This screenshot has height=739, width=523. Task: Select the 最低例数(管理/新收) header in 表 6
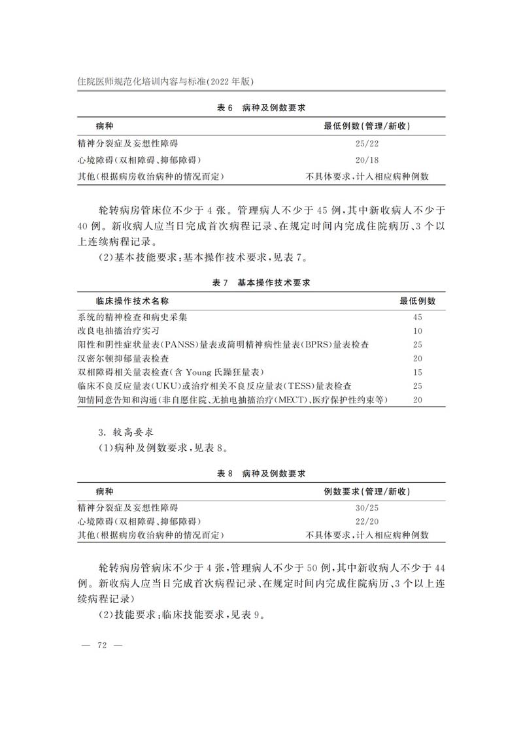pyautogui.click(x=367, y=125)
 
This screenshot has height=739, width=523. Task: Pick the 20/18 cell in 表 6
pyautogui.click(x=367, y=160)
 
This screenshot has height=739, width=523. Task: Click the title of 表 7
pyautogui.click(x=261, y=283)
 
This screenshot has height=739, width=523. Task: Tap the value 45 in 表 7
pyautogui.click(x=418, y=317)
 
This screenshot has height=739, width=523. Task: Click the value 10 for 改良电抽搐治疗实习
pyautogui.click(x=418, y=331)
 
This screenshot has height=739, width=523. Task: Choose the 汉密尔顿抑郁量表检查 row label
pyautogui.click(x=123, y=358)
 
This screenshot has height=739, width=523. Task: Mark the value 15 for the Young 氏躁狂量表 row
pyautogui.click(x=418, y=372)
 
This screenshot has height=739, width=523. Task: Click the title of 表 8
pyautogui.click(x=261, y=473)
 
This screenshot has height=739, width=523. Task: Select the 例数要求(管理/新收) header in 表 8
pyautogui.click(x=367, y=491)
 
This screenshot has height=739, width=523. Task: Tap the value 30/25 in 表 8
pyautogui.click(x=367, y=508)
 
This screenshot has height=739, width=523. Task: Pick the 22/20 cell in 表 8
pyautogui.click(x=367, y=521)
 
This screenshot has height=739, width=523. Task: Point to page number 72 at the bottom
pyautogui.click(x=101, y=645)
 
